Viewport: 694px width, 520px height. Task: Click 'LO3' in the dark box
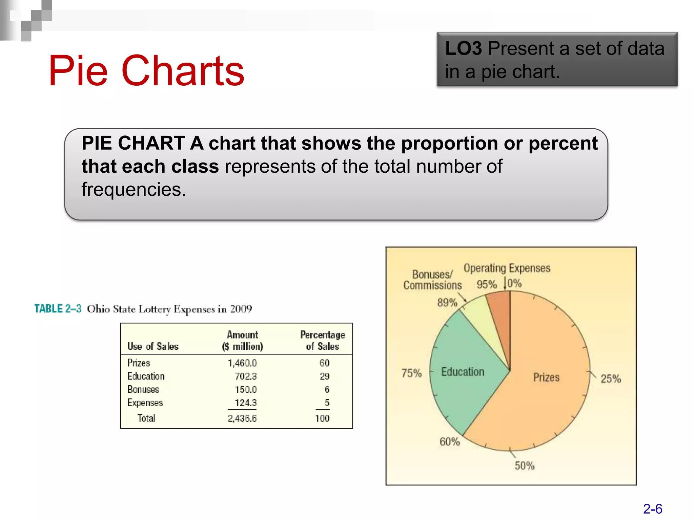pos(463,48)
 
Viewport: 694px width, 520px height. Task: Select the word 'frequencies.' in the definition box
pos(134,190)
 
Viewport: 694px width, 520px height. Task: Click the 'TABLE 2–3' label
pos(58,309)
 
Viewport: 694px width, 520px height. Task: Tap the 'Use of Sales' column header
pos(153,346)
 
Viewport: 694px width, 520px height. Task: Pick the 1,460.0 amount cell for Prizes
pos(242,363)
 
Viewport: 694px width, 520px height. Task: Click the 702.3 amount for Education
pos(246,376)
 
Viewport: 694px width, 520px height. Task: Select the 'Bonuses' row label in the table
pos(143,389)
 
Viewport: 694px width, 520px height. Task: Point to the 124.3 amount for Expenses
pos(246,403)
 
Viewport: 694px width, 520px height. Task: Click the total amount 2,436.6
pos(242,418)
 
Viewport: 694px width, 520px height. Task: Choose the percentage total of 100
pos(322,418)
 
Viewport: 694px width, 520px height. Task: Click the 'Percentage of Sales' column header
pos(323,341)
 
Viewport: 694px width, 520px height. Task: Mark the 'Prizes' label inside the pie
pos(546,377)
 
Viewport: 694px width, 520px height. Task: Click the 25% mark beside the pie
pos(611,378)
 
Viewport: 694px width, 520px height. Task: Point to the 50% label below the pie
pos(525,466)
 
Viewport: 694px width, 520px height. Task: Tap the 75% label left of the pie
pos(411,373)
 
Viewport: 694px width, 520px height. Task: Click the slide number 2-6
pos(653,509)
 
